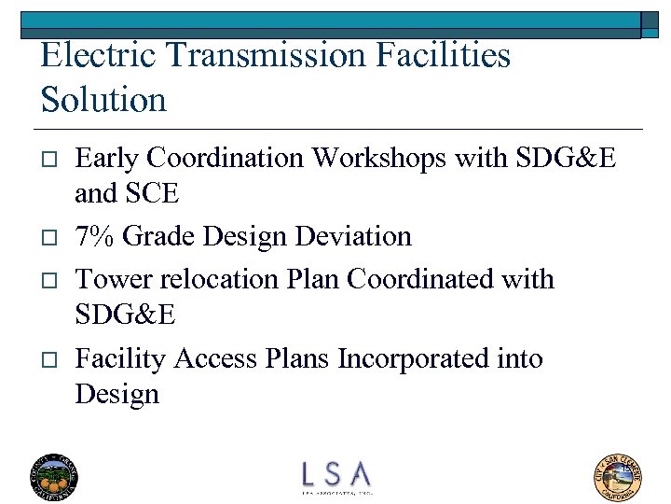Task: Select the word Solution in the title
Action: pyautogui.click(x=103, y=99)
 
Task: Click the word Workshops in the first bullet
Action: pyautogui.click(x=377, y=158)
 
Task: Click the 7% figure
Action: pyautogui.click(x=94, y=236)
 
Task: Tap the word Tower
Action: pyautogui.click(x=108, y=279)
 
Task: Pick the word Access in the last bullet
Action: pyautogui.click(x=216, y=358)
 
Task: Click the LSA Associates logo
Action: pyautogui.click(x=335, y=476)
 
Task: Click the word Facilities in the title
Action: pyautogui.click(x=444, y=55)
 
